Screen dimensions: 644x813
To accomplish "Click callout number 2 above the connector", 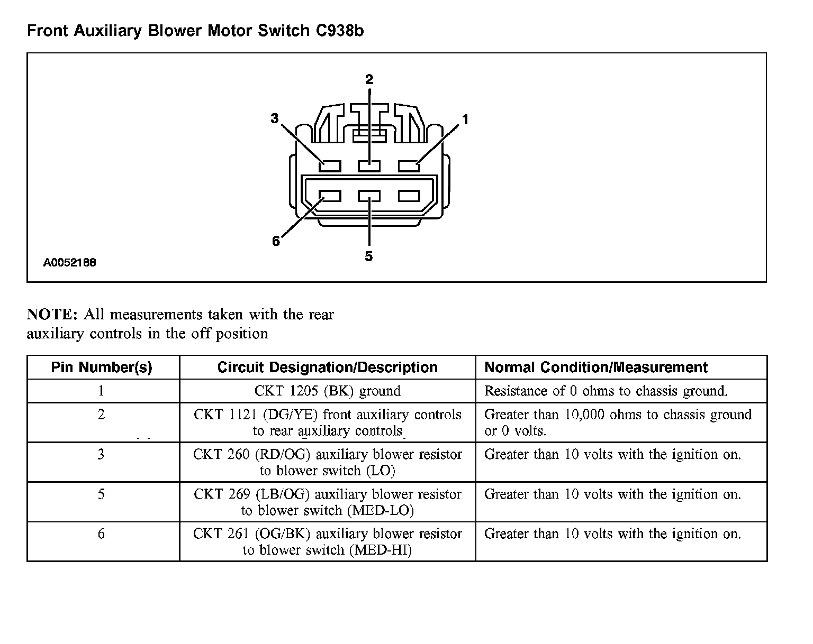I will [x=369, y=80].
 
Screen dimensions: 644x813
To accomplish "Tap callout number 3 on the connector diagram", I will [x=274, y=118].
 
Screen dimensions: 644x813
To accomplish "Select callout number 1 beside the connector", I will [x=465, y=120].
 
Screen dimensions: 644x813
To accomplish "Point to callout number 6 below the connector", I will [x=276, y=241].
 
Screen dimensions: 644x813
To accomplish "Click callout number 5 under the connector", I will [x=369, y=256].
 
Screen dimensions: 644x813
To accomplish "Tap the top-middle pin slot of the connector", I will [x=369, y=166].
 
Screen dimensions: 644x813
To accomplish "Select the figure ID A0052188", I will [x=70, y=262].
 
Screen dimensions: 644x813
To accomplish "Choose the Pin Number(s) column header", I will [x=102, y=367].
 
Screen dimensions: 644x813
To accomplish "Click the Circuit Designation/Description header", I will [x=327, y=367].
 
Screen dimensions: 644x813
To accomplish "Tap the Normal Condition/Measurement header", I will [x=596, y=367].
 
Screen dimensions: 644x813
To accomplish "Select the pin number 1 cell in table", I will [x=101, y=391].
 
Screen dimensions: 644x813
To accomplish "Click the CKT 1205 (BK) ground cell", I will [x=327, y=391].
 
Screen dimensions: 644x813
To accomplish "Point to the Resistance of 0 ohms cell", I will [x=606, y=391].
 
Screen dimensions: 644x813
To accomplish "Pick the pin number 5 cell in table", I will [x=101, y=494].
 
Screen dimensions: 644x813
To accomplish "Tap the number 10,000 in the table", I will [x=584, y=415].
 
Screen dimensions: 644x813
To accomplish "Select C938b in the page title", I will [x=340, y=31].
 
